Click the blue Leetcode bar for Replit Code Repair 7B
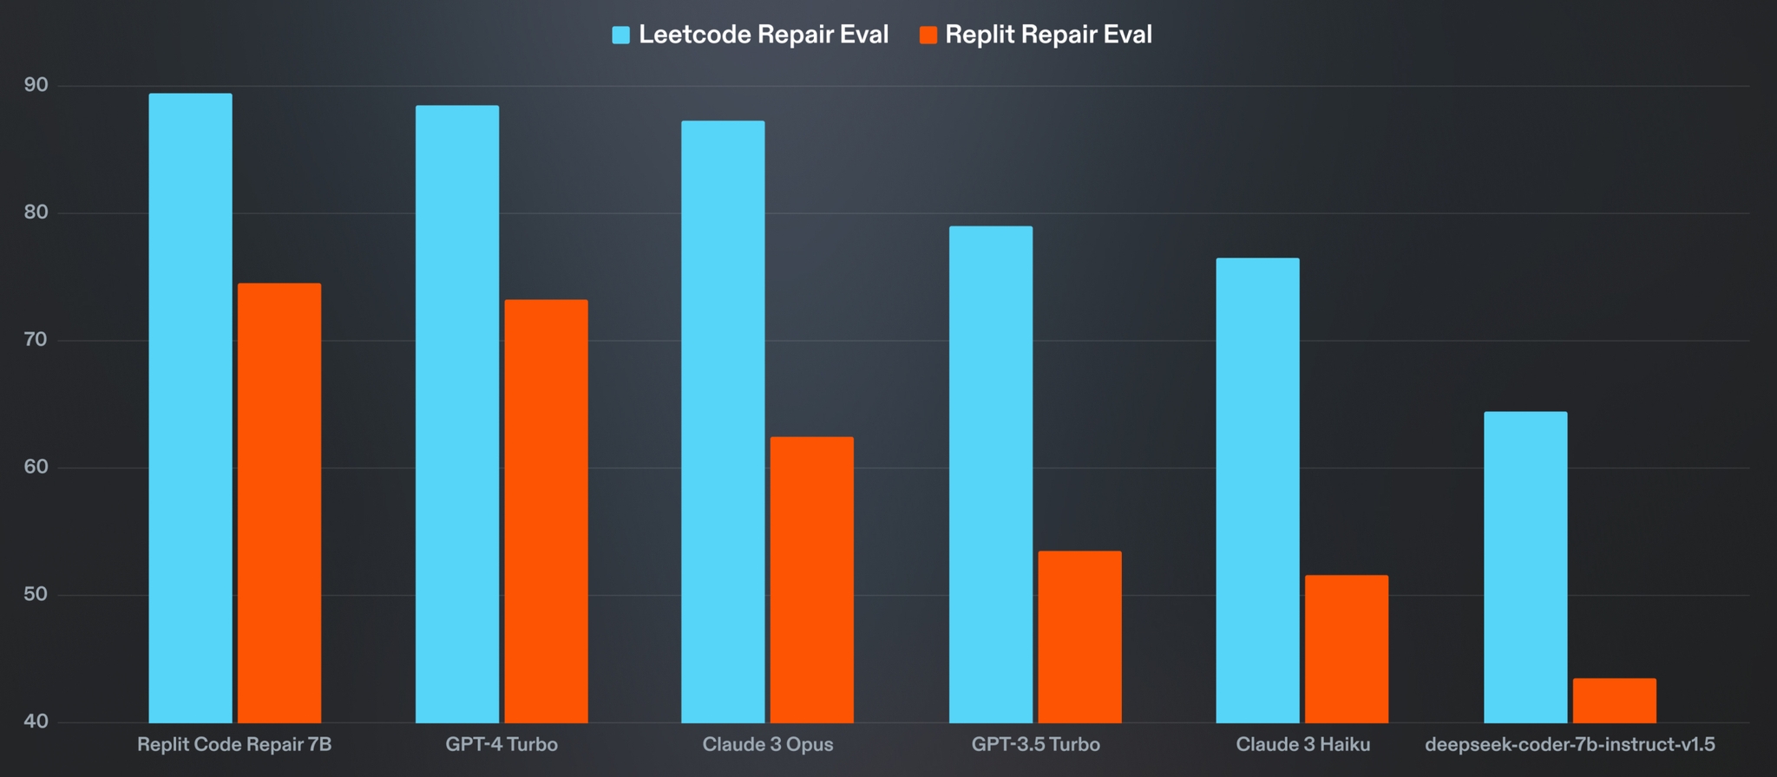click(x=190, y=408)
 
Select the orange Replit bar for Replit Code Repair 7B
click(x=279, y=503)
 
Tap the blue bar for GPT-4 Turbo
click(x=457, y=414)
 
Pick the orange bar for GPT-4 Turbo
click(x=546, y=511)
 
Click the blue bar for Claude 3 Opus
click(x=723, y=421)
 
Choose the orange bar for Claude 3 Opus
click(x=812, y=579)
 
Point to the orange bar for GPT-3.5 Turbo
click(x=1079, y=637)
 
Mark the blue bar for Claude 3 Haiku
click(x=1257, y=490)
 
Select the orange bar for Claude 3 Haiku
click(x=1347, y=649)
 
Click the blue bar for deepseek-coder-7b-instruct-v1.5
click(x=1525, y=567)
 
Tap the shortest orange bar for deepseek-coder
click(x=1614, y=701)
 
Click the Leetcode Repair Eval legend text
click(x=764, y=35)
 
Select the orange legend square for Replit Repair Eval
click(x=928, y=36)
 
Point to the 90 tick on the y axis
click(x=36, y=85)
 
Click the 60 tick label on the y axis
click(x=36, y=467)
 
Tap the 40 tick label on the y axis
click(x=36, y=721)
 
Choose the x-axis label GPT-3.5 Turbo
click(x=1035, y=744)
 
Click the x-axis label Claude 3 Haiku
click(x=1302, y=744)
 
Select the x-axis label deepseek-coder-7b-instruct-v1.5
click(x=1570, y=744)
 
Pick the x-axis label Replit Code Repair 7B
click(x=234, y=744)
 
